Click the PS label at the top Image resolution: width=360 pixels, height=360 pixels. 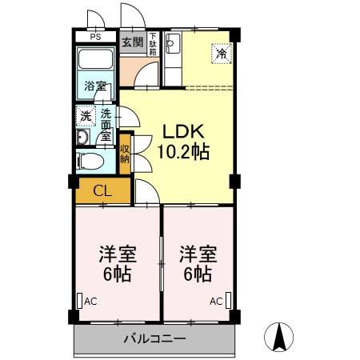tap(95, 37)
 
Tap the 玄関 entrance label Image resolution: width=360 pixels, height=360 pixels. tap(133, 42)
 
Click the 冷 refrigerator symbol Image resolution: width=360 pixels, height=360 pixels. tap(220, 54)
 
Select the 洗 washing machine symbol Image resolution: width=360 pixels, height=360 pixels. tap(85, 117)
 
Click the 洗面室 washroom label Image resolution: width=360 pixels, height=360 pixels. tap(106, 126)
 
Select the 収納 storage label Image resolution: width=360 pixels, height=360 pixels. tap(125, 154)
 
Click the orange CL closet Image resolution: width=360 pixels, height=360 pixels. tap(102, 190)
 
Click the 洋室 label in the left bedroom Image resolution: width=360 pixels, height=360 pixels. tap(118, 255)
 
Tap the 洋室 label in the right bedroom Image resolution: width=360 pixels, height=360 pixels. tap(196, 255)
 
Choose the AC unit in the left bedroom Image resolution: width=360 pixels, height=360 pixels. tap(80, 301)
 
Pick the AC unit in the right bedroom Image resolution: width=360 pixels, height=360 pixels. tap(229, 301)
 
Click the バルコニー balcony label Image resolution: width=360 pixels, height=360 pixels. tap(154, 338)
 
